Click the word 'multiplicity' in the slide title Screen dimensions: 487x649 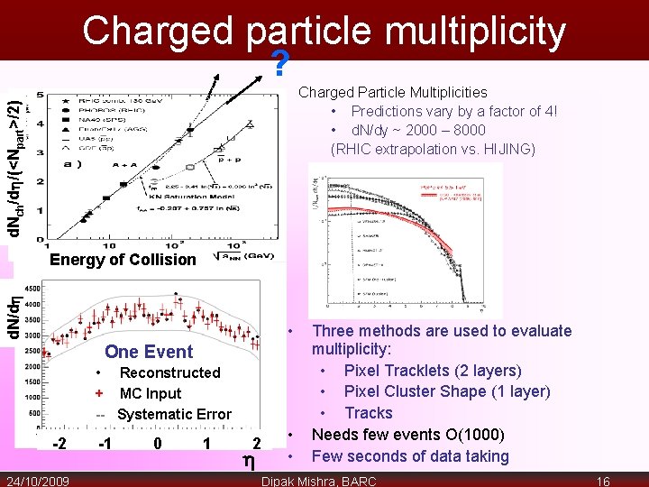[471, 32]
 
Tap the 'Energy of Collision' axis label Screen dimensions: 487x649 [123, 260]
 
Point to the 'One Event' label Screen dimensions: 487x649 [149, 352]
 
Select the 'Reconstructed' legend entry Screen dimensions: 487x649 [169, 372]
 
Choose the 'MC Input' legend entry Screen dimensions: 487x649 [151, 393]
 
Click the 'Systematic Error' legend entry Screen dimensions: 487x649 [174, 414]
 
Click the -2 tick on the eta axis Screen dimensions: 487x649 [59, 443]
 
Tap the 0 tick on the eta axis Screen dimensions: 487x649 [158, 443]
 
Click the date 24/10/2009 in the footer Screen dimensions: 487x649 [41, 481]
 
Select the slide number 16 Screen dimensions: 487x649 [604, 481]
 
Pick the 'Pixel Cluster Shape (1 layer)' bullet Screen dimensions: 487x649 [447, 391]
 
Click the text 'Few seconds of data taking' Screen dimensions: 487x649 [410, 456]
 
